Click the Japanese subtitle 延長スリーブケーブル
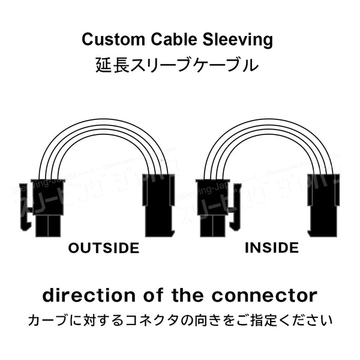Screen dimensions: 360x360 (x=177, y=64)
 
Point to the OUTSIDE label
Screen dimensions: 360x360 (x=103, y=248)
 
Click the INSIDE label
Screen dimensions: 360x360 (x=272, y=247)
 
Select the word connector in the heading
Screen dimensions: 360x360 (x=266, y=295)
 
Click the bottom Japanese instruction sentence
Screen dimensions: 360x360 (x=180, y=320)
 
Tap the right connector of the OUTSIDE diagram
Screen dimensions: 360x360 (x=159, y=204)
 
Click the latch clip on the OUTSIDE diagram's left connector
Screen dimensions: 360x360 (x=25, y=207)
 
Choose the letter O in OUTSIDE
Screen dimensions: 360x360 (x=74, y=248)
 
